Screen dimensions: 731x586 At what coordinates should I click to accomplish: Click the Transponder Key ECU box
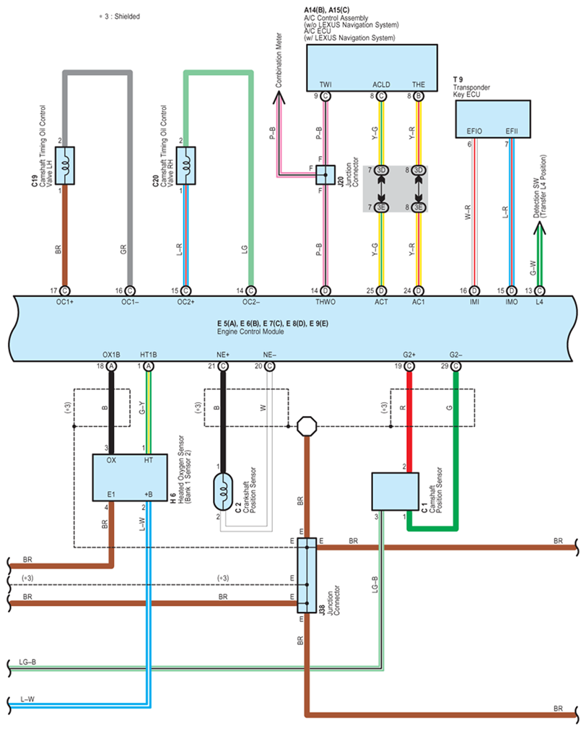pos(493,119)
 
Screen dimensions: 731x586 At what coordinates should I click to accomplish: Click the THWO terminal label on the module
pos(326,301)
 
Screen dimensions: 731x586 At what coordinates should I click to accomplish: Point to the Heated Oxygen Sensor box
pos(130,477)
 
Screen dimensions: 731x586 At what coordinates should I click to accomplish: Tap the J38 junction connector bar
pos(307,575)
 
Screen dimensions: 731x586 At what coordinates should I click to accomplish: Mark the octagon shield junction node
pos(307,425)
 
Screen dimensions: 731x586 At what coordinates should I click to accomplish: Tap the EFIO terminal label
pos(473,132)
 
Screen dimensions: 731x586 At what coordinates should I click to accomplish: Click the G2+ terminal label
pos(410,355)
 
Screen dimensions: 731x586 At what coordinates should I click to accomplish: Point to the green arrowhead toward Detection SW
pos(539,230)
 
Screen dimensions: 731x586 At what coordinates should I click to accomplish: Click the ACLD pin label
pos(380,85)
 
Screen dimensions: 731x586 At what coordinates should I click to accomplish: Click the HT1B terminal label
pos(149,355)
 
